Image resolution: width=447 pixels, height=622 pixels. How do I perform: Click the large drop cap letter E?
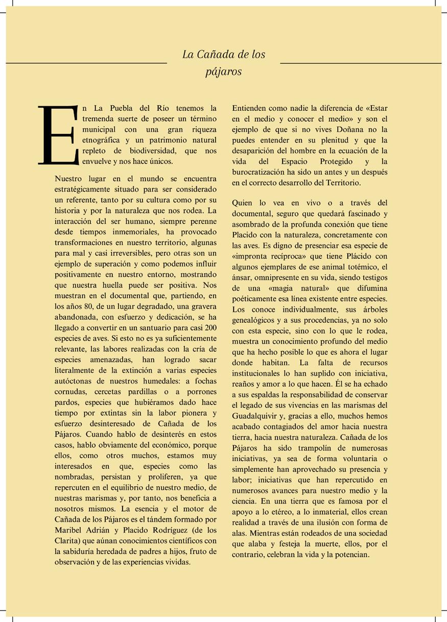58,135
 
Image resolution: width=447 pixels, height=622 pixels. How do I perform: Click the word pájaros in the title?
223,72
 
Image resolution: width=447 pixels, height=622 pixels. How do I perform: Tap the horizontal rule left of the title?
86,63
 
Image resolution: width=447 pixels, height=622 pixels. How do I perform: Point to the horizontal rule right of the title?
361,63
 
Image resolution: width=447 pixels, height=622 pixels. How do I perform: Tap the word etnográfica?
101,140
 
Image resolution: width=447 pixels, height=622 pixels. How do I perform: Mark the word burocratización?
258,173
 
